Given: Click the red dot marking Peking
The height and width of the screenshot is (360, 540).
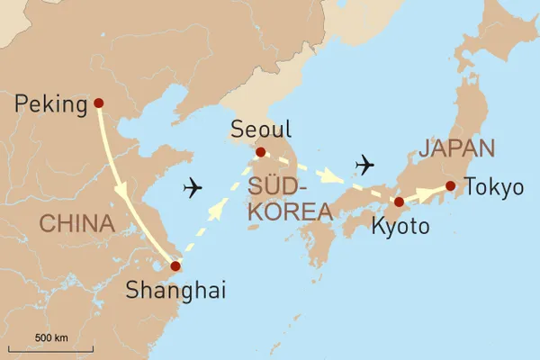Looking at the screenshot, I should pyautogui.click(x=98, y=103).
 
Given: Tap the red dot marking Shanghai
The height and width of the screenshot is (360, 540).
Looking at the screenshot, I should pyautogui.click(x=175, y=266).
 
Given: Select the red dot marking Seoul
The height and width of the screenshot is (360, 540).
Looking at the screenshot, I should pyautogui.click(x=261, y=152).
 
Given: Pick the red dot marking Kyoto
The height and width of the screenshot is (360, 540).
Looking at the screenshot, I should pyautogui.click(x=400, y=202).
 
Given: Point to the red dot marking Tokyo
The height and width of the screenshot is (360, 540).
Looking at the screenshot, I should pyautogui.click(x=450, y=186).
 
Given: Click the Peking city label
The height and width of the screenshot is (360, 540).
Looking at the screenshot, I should pyautogui.click(x=51, y=105).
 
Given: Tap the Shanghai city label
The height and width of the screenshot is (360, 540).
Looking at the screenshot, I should pyautogui.click(x=175, y=290).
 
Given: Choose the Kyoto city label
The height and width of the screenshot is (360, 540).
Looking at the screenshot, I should pyautogui.click(x=400, y=227).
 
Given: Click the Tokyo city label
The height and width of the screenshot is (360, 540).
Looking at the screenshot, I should pyautogui.click(x=493, y=187).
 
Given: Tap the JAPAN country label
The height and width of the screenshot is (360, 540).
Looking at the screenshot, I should pyautogui.click(x=457, y=148).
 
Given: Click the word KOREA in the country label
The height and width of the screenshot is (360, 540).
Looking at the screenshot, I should pyautogui.click(x=290, y=212).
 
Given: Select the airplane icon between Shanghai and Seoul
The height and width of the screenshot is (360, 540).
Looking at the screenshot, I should pyautogui.click(x=193, y=188).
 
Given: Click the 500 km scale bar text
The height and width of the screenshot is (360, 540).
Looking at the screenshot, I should pyautogui.click(x=50, y=337).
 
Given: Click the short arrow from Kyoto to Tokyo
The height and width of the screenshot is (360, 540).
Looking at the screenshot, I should pyautogui.click(x=425, y=193).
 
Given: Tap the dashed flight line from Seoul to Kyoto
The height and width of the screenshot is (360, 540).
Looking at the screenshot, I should pyautogui.click(x=328, y=177).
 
